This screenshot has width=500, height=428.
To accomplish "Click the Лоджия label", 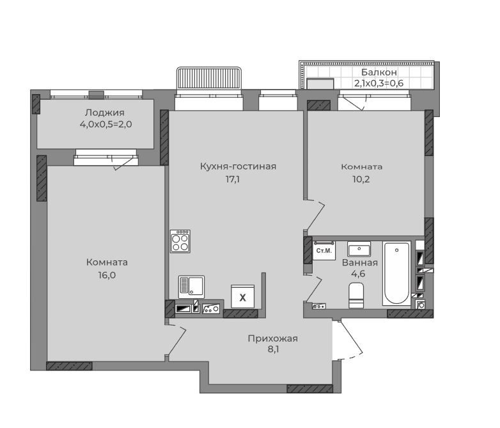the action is tap(105, 113).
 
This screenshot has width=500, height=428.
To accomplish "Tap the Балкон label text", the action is tap(379, 72).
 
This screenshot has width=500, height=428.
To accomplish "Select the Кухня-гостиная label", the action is tap(238, 166).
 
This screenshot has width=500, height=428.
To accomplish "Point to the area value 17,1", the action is tap(233, 179).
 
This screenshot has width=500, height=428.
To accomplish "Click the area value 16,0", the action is tap(107, 275).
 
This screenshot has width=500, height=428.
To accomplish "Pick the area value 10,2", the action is tap(361, 179).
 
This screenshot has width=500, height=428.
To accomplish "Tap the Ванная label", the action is tap(360, 263).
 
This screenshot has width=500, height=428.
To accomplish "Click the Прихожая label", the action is tap(272, 338).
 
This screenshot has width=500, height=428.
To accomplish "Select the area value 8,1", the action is tap(273, 349).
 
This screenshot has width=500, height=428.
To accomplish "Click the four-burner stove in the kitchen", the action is tap(180, 241).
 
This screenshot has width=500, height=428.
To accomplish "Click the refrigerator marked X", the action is tap(243, 296).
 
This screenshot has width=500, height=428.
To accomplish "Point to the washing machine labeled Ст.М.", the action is tap(324, 251).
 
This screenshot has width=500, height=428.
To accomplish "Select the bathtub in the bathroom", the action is tap(396, 273).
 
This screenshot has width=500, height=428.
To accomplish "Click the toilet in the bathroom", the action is tap(356, 296).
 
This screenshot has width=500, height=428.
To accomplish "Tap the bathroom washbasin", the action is tap(359, 250).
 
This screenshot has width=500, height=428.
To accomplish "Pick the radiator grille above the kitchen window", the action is tap(209, 77).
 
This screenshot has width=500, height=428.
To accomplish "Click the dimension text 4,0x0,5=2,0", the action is tap(106, 124).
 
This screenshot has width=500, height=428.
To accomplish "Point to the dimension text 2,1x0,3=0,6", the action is tap(379, 83).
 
